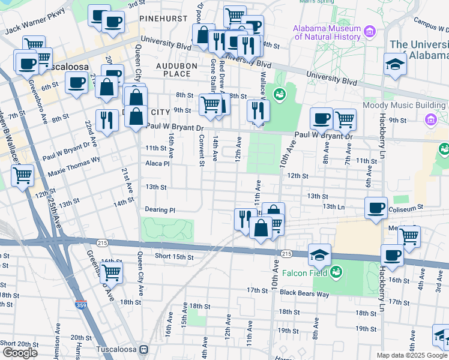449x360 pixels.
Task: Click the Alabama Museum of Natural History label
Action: point(327,34)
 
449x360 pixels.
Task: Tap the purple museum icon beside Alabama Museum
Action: point(369,31)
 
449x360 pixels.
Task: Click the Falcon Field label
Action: point(310,273)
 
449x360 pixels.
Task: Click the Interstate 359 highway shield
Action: point(80,305)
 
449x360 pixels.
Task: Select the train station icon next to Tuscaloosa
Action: point(143,349)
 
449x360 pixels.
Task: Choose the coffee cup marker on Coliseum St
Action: point(376,208)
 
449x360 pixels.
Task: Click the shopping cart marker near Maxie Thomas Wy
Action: point(22,176)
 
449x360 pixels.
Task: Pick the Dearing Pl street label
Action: point(160,210)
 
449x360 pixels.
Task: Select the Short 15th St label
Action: point(174,256)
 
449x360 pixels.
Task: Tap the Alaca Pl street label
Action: point(158,163)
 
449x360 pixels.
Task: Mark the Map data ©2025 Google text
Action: point(411,355)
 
